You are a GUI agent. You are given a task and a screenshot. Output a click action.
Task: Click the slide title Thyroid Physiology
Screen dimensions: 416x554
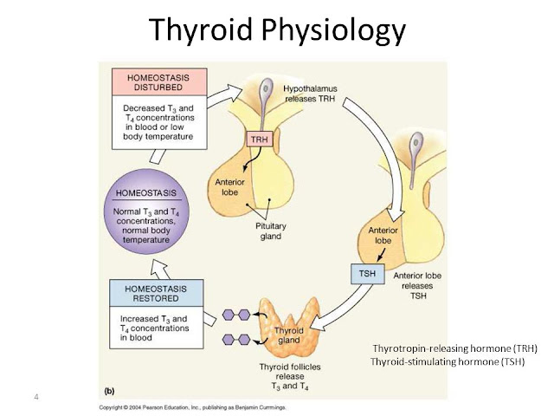277,30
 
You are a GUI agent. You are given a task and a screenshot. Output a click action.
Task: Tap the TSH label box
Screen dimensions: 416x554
365,275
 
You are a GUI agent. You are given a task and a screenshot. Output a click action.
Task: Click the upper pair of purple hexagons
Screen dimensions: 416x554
236,315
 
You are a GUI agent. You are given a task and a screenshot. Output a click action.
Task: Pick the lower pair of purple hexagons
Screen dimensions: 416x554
236,339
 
